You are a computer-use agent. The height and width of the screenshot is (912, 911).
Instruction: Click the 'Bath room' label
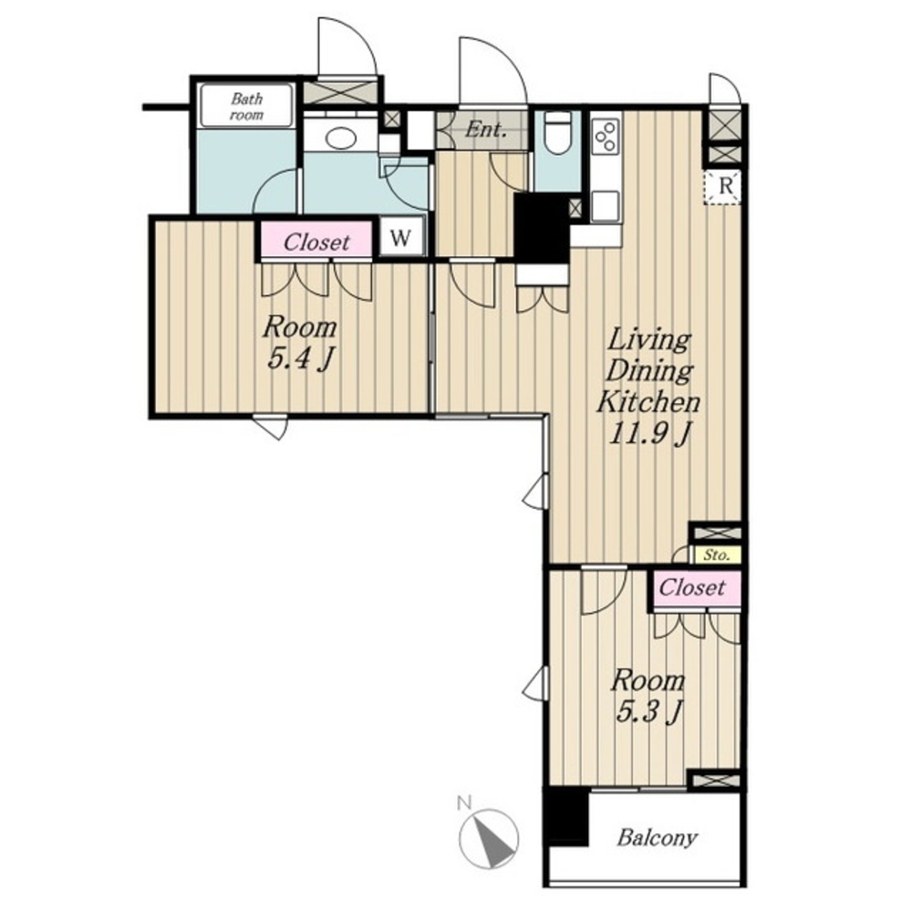point(246,107)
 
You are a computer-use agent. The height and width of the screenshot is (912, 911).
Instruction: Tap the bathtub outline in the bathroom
point(246,105)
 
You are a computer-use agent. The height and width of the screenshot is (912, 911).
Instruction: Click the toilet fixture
point(558,131)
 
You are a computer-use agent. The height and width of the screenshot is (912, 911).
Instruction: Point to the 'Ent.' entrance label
point(484,130)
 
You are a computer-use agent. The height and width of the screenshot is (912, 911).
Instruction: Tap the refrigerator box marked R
point(724,187)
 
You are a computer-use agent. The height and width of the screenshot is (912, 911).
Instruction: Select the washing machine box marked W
point(401,237)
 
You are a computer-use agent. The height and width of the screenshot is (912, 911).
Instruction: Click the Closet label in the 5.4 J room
point(316,242)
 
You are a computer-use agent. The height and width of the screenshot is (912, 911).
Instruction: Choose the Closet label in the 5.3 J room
point(691,587)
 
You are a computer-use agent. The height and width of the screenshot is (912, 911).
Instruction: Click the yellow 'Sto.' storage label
point(716,555)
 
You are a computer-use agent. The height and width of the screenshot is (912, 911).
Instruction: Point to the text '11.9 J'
point(649,433)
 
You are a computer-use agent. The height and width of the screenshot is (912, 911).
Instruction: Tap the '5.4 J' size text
point(299,358)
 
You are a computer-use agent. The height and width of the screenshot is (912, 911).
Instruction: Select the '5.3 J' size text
point(647,710)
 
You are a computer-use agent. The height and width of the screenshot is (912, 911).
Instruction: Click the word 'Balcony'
point(657,838)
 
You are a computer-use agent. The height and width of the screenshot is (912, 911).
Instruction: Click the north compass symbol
point(488,838)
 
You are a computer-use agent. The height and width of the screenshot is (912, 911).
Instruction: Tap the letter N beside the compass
point(463,803)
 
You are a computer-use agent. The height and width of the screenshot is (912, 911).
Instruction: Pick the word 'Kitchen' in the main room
point(648,402)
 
